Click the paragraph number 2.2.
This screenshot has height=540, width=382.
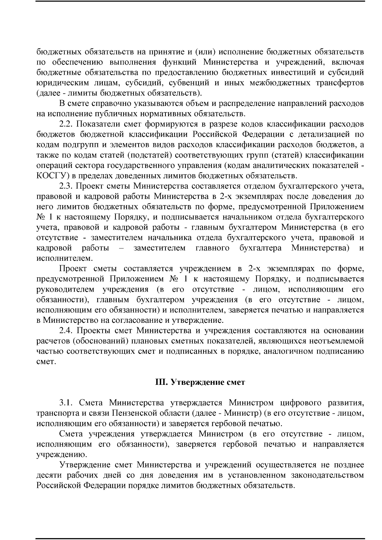pyautogui.click(x=67, y=124)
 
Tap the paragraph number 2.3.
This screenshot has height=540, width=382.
pyautogui.click(x=67, y=186)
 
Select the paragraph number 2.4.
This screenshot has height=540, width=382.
pyautogui.click(x=67, y=331)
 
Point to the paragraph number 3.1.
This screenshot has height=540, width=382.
pyautogui.click(x=67, y=403)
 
